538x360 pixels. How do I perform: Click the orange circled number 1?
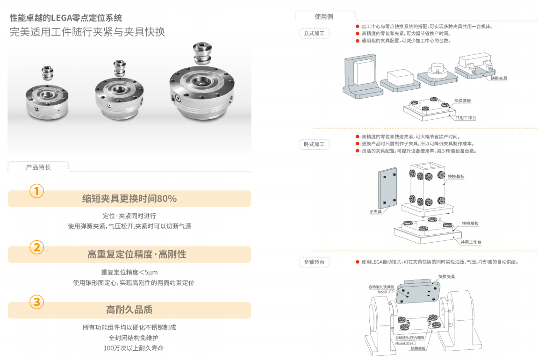37,191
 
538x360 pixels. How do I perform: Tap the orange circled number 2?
37,247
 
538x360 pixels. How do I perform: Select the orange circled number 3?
37,302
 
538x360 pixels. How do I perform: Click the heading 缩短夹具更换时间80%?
129,199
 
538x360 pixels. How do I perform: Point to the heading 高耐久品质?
129,310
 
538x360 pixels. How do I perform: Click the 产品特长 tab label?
38,167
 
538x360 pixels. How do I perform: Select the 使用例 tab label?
324,16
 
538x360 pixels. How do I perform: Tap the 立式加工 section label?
314,33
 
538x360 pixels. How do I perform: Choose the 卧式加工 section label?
314,144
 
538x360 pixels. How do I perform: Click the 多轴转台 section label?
314,262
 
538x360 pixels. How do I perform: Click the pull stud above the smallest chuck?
48,73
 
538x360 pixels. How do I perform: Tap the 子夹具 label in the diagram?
375,212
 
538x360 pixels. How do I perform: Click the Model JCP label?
386,292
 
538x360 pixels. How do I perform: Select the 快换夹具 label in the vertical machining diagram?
499,78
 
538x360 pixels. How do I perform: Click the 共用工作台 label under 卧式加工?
471,242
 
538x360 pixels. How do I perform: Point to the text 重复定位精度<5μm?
129,273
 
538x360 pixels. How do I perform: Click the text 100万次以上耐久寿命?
134,348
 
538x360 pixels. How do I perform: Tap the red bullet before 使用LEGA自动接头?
357,262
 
